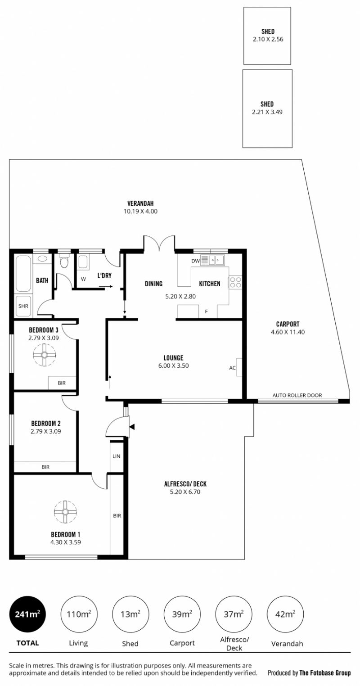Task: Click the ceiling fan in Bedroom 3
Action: click(x=45, y=355)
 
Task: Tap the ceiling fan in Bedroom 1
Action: click(x=65, y=512)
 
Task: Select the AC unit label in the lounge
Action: click(x=232, y=368)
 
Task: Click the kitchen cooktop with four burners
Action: click(x=235, y=282)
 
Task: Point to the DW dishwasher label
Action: click(x=195, y=261)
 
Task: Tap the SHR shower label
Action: click(x=23, y=306)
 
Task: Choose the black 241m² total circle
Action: click(x=27, y=614)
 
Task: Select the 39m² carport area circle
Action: click(x=182, y=614)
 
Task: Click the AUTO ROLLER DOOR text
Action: click(x=297, y=395)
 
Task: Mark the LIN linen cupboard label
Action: click(x=117, y=456)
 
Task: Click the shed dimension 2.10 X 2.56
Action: click(x=268, y=39)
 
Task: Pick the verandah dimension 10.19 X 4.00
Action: click(x=140, y=211)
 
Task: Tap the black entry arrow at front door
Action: click(x=132, y=427)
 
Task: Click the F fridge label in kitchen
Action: click(x=207, y=311)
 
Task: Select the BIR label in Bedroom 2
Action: click(x=45, y=467)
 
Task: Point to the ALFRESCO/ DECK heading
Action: click(x=185, y=484)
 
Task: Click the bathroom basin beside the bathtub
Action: click(x=42, y=259)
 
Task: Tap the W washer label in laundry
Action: click(x=83, y=279)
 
